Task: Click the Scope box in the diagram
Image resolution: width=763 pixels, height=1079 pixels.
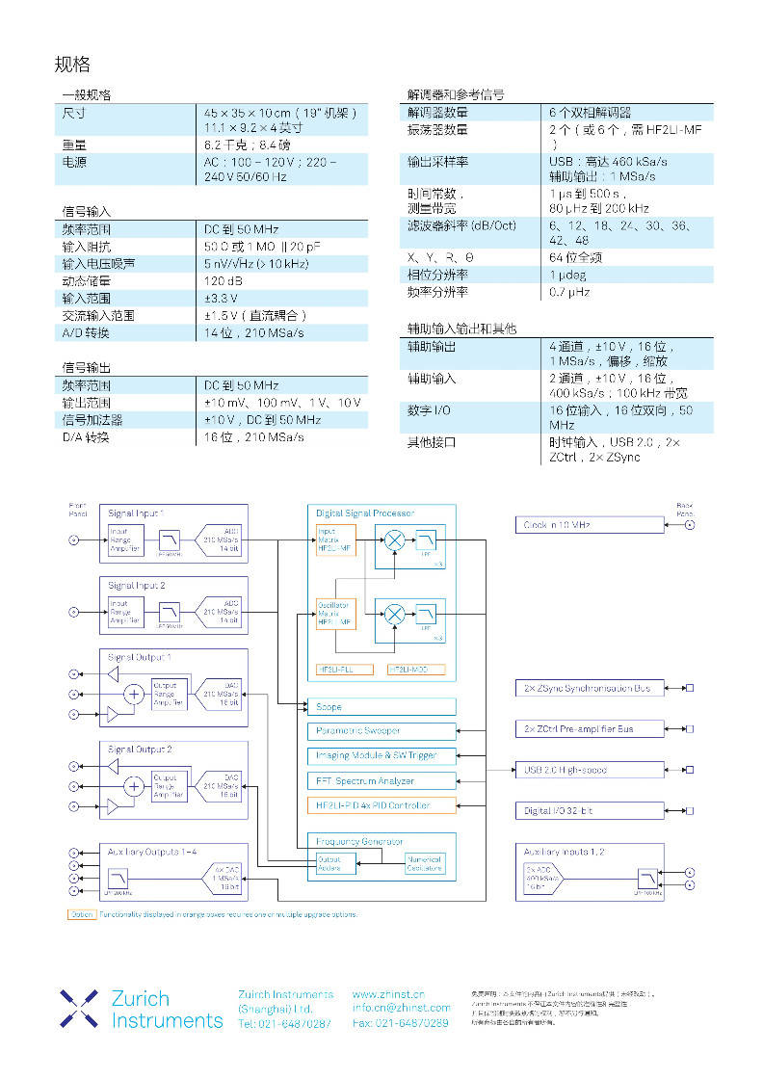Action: click(x=381, y=707)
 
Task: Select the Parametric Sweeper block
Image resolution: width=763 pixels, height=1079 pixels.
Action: click(x=381, y=731)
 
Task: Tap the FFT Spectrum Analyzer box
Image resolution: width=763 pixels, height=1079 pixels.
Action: click(x=381, y=780)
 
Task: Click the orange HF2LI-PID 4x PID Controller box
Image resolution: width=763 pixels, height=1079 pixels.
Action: click(x=381, y=805)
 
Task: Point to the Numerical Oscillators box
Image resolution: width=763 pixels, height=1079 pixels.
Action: click(x=424, y=864)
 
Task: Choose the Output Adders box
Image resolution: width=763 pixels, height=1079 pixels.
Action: click(x=329, y=864)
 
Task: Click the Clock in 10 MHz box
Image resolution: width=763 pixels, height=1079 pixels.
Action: click(x=590, y=525)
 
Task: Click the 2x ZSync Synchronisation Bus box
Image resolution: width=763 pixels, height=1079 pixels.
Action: click(x=589, y=688)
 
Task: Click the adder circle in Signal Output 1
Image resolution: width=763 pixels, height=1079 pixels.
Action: click(x=134, y=694)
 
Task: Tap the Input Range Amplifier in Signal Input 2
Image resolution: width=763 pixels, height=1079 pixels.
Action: click(x=125, y=611)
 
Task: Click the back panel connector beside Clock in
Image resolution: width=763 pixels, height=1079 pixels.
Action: click(x=689, y=525)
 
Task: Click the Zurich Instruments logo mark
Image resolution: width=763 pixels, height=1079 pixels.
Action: click(x=79, y=1008)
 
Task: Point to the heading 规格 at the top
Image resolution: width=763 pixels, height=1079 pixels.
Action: click(x=72, y=65)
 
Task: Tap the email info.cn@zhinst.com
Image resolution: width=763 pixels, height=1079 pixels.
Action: click(x=401, y=1008)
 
